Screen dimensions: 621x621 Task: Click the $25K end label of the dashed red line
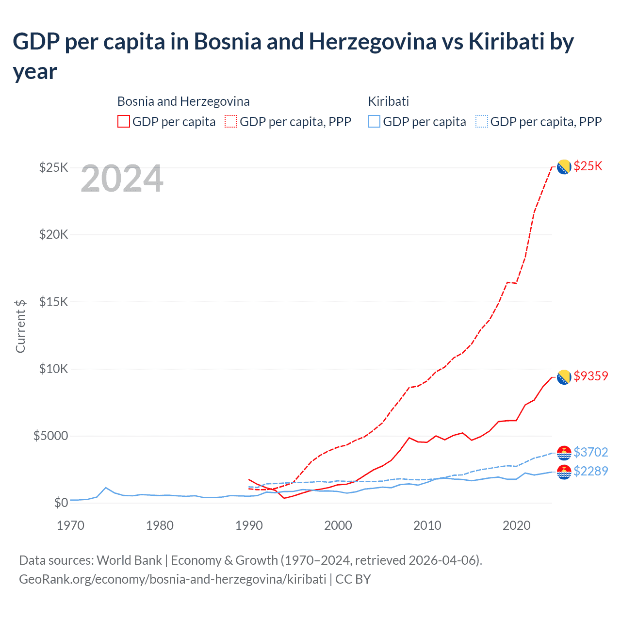pyautogui.click(x=588, y=166)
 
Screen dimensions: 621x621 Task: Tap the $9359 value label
pyautogui.click(x=590, y=376)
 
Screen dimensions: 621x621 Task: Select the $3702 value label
pyautogui.click(x=590, y=452)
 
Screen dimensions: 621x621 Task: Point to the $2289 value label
pyautogui.click(x=590, y=471)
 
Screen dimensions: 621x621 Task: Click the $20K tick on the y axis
pyautogui.click(x=53, y=235)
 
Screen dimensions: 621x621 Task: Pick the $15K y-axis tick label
pyautogui.click(x=53, y=302)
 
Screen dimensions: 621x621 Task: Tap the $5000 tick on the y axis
pyautogui.click(x=50, y=436)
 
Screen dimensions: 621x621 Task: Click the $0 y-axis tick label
pyautogui.click(x=61, y=503)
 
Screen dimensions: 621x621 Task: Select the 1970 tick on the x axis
pyautogui.click(x=71, y=525)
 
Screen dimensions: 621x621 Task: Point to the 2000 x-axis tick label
pyautogui.click(x=338, y=525)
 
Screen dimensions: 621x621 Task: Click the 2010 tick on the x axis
pyautogui.click(x=427, y=525)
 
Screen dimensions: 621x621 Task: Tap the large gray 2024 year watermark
pyautogui.click(x=122, y=179)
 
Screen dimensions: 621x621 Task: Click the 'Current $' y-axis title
pyautogui.click(x=20, y=326)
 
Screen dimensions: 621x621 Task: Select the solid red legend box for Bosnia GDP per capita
pyautogui.click(x=124, y=121)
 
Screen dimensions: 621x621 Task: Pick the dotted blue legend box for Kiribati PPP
pyautogui.click(x=482, y=121)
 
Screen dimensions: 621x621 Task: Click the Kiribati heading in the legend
pyautogui.click(x=388, y=101)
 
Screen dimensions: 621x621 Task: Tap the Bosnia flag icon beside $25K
pyautogui.click(x=563, y=167)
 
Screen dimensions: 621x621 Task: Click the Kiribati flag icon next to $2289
pyautogui.click(x=564, y=472)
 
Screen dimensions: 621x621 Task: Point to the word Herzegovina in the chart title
pyautogui.click(x=373, y=42)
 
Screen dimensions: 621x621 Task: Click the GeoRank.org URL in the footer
pyautogui.click(x=172, y=579)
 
